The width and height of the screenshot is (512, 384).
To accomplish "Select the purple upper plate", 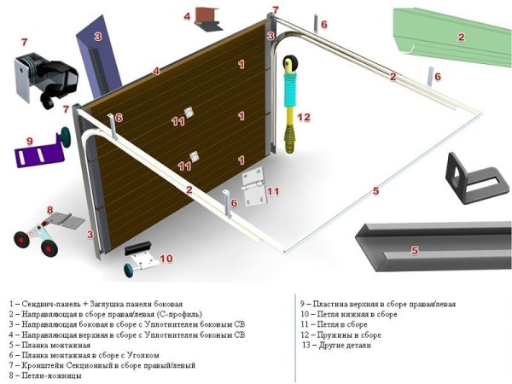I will coord(38,156).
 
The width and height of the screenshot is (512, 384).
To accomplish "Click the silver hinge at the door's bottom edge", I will coord(253,182).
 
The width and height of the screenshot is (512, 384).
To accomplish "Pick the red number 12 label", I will coord(304,117).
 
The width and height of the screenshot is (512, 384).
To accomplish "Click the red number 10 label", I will coord(166,258).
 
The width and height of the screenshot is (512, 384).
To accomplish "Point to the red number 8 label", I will coord(49,210).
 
